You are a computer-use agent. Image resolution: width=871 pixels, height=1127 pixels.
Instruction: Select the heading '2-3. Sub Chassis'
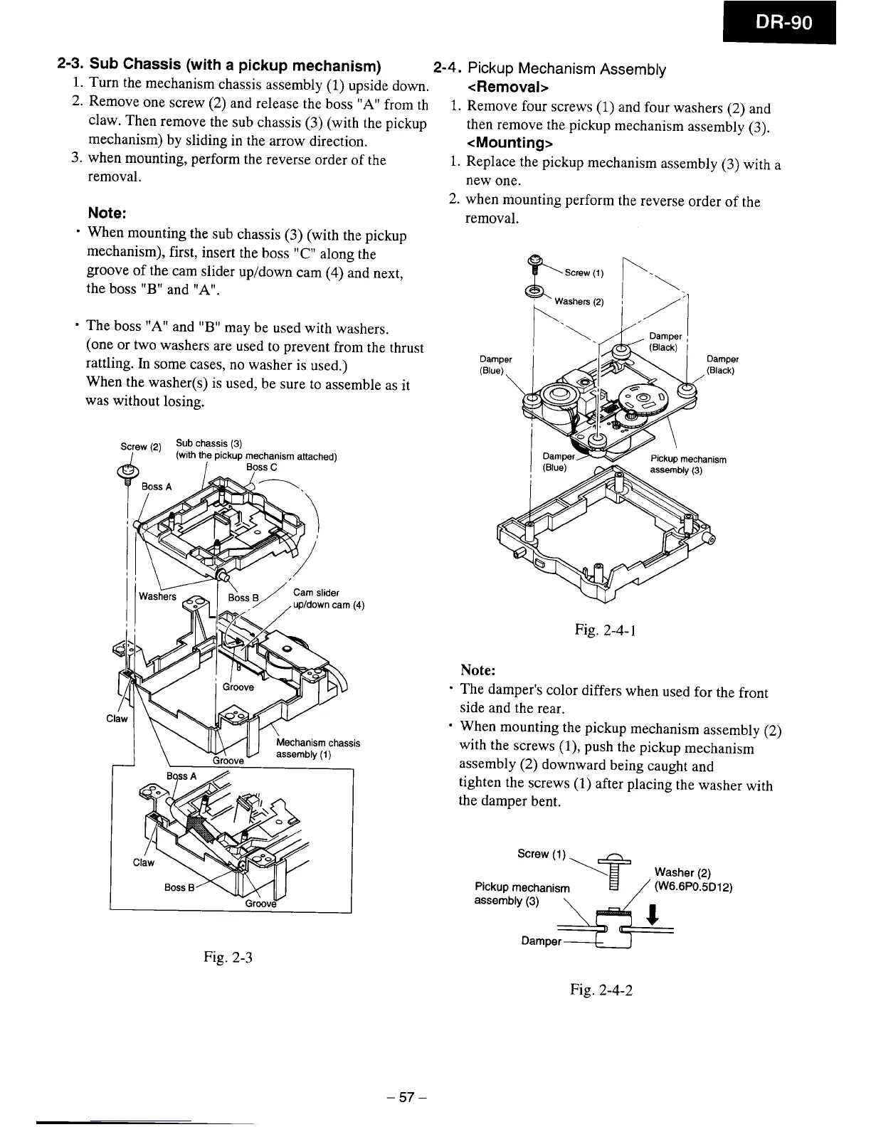coord(220,67)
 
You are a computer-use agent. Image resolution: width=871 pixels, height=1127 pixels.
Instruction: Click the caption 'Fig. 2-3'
coord(228,956)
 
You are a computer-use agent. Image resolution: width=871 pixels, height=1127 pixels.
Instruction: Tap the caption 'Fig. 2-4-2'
coord(601,989)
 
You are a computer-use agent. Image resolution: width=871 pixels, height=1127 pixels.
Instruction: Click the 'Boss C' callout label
coord(260,467)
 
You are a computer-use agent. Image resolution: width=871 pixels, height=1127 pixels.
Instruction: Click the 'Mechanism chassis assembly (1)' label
coord(317,748)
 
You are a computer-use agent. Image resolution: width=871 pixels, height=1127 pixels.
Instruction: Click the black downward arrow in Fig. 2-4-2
coord(653,914)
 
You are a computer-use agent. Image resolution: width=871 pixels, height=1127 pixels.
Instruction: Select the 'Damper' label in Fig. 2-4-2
coord(541,941)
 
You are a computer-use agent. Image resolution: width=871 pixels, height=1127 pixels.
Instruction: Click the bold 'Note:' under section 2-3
coord(107,213)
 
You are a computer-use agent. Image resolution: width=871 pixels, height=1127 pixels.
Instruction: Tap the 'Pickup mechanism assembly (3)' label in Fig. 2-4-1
coord(687,465)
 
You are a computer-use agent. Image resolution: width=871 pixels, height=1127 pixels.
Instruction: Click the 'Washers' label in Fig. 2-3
coord(157,596)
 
